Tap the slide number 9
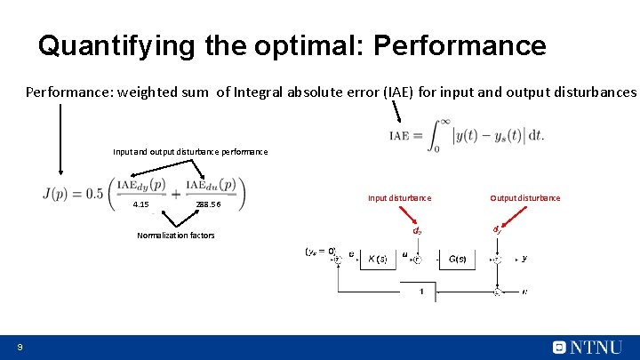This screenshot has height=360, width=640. click(19, 347)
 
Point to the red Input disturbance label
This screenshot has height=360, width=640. click(399, 197)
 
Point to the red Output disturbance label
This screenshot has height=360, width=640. click(524, 197)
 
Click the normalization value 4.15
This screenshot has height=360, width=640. click(140, 204)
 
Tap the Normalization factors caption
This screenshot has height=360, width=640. click(175, 236)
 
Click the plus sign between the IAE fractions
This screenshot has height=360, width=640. click(176, 193)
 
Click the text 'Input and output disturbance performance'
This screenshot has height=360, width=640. click(189, 152)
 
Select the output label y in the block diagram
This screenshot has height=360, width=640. click(524, 258)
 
